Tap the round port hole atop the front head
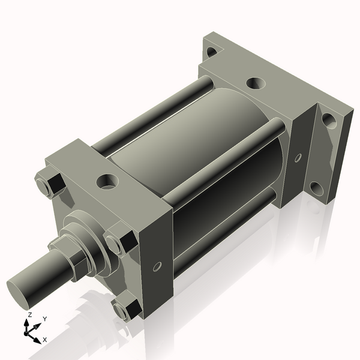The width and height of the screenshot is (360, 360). click(x=109, y=179)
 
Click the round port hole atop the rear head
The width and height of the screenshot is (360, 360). click(x=254, y=82)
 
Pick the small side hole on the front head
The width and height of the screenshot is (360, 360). click(x=158, y=265)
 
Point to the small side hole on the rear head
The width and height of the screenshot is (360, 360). click(x=298, y=158)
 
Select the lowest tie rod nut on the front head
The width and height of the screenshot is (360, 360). click(x=125, y=309)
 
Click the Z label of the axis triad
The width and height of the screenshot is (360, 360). click(x=29, y=314)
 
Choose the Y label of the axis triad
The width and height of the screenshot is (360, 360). click(x=44, y=319)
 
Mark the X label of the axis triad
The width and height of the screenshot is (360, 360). click(x=46, y=340)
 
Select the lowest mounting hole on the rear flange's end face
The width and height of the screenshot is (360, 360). click(x=316, y=188)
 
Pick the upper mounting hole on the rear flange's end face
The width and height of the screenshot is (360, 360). click(x=328, y=119)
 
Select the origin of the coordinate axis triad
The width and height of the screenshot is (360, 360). click(x=28, y=331)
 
